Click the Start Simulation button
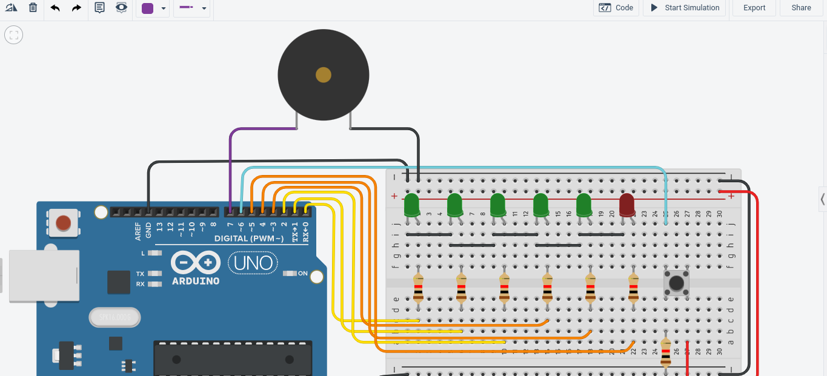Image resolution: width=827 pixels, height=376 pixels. tap(685, 8)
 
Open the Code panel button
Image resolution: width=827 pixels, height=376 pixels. tap(616, 8)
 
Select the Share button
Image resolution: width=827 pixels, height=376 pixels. tap(801, 8)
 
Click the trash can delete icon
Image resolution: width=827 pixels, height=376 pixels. tap(33, 8)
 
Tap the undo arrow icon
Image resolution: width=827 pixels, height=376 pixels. tap(55, 8)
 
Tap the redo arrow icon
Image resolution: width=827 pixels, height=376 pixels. tap(76, 8)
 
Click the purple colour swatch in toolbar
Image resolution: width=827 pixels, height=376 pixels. tap(147, 8)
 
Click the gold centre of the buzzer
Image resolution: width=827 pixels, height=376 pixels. tap(324, 75)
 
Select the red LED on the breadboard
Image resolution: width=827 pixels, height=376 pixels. tap(626, 205)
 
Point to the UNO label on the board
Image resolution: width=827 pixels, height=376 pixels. tap(253, 263)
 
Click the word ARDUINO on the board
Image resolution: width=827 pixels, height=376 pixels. tap(196, 281)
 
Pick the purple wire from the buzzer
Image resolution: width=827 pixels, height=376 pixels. tap(231, 163)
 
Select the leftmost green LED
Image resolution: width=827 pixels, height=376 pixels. tap(412, 205)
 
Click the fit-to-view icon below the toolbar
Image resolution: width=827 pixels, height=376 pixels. tap(13, 35)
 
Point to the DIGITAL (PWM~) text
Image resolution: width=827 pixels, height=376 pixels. tap(249, 239)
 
